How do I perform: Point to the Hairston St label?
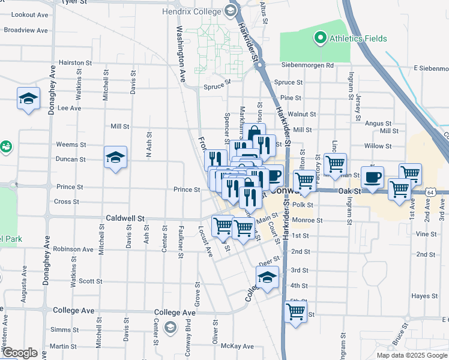tap(76, 62)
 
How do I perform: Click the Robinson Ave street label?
tap(73, 249)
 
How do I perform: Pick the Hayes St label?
tap(424, 296)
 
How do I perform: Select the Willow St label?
tap(378, 146)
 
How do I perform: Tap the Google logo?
tap(20, 352)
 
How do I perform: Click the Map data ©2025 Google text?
tap(411, 355)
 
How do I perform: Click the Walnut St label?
tap(302, 113)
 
